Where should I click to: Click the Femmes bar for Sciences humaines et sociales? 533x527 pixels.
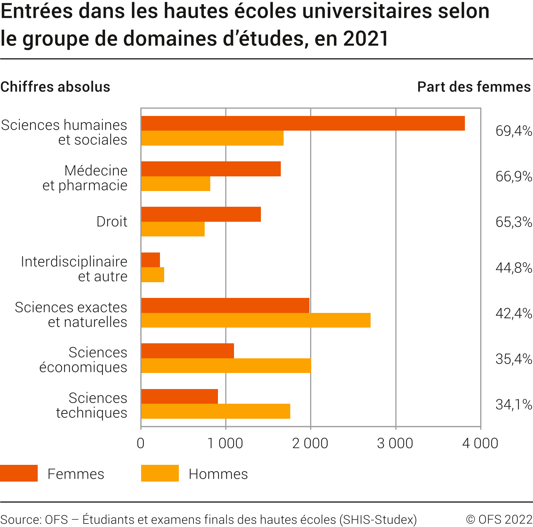coord(303,123)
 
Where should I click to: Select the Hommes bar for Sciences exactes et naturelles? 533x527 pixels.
coord(256,320)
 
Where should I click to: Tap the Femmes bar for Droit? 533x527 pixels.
coord(201,214)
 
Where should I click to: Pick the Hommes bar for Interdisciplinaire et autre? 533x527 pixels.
coord(153,275)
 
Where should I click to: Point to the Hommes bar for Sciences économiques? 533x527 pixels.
coord(226,366)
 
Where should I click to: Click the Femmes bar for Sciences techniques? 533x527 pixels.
coord(180,396)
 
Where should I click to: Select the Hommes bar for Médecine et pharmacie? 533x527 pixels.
coord(176,184)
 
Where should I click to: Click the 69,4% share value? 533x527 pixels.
coord(513,131)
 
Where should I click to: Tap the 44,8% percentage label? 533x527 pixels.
coord(513,268)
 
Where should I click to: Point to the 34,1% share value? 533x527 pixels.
coord(513,404)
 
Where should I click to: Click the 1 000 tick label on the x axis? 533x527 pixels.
coord(225,444)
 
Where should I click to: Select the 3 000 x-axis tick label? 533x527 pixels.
coord(395,444)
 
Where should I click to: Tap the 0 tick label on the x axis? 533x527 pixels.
coord(141,444)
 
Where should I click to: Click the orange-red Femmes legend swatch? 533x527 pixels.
coord(19,473)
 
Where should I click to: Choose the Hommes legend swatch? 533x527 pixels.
coord(160,473)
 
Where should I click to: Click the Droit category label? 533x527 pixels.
coord(112,222)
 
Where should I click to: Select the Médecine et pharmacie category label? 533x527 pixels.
coord(85,178)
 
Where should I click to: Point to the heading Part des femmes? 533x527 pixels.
coord(474,87)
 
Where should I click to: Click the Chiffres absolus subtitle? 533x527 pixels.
coord(55,87)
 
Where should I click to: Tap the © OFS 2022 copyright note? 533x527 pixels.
coord(499,519)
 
